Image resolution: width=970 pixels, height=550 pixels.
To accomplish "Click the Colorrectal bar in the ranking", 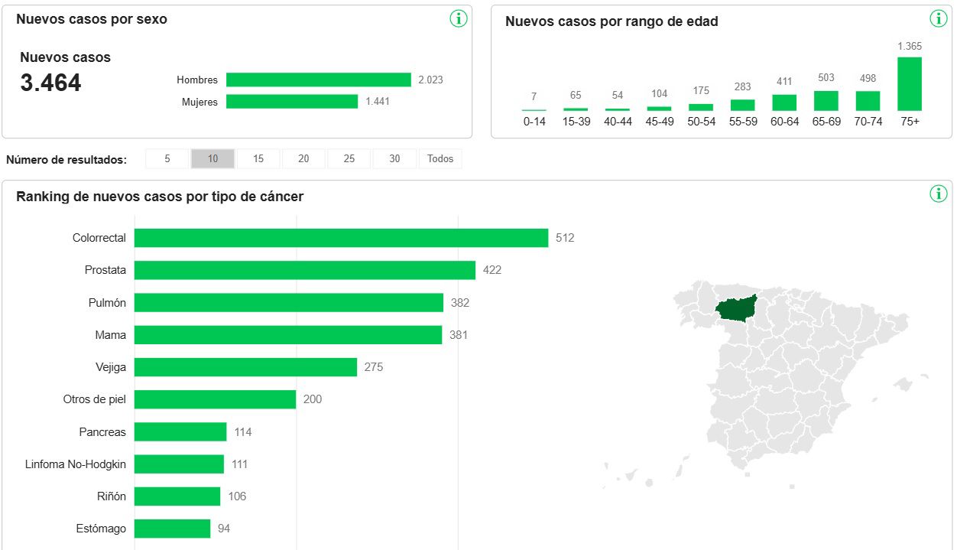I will click(341, 238).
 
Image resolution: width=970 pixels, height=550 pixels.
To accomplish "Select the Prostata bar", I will click(305, 270).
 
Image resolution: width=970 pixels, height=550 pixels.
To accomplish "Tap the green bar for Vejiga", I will click(245, 367).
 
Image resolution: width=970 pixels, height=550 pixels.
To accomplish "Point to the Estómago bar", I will click(172, 529).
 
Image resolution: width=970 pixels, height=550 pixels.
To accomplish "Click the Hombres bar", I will click(319, 80).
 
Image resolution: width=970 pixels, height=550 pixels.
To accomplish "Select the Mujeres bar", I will click(292, 102).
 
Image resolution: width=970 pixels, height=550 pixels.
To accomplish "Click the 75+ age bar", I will click(910, 84).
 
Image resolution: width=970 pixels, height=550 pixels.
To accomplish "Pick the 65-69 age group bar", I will click(826, 101).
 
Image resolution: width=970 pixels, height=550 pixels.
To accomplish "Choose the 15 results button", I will click(258, 159).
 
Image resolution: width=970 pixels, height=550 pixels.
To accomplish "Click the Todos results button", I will click(440, 159).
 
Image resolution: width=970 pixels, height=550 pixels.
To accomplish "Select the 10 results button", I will click(212, 159).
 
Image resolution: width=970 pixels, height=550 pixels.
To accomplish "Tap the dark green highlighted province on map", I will click(735, 308).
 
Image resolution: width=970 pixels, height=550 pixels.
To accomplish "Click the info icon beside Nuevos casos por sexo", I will click(459, 19).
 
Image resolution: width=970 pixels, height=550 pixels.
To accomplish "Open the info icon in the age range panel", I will click(939, 19).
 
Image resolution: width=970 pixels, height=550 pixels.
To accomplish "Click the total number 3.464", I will click(50, 83).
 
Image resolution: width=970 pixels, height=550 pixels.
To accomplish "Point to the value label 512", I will click(565, 238).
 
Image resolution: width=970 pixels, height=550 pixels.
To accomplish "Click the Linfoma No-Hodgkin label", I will click(76, 464).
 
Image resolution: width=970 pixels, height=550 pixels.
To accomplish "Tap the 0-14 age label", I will click(534, 122).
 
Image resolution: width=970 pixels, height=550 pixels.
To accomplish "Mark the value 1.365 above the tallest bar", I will click(910, 47).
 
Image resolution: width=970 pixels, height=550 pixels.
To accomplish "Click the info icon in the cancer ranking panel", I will click(939, 194).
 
